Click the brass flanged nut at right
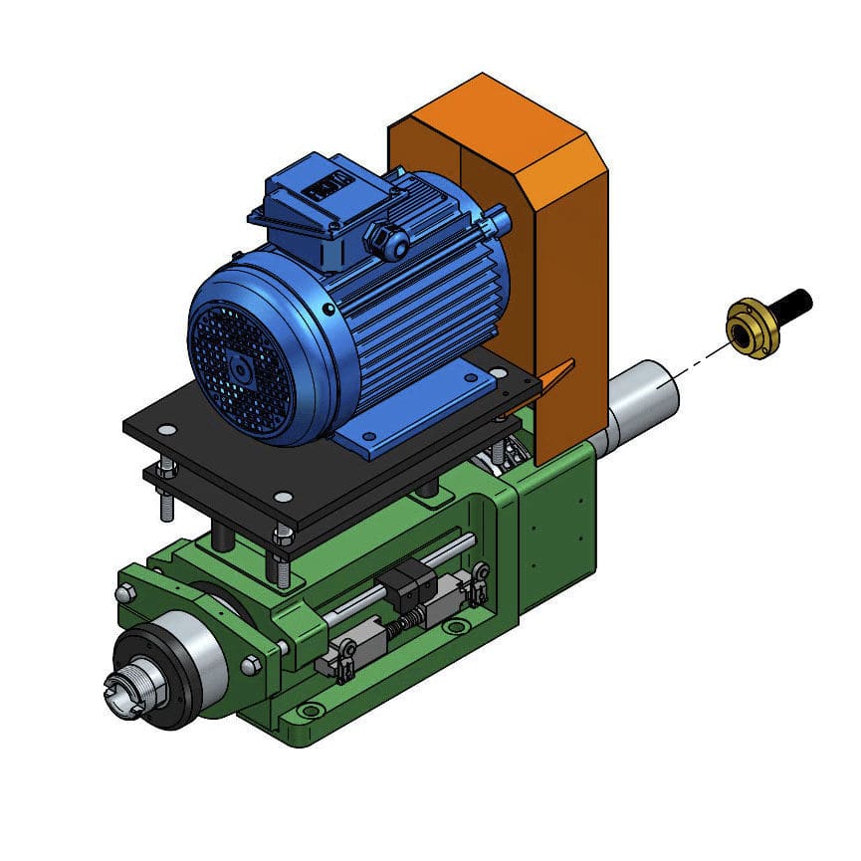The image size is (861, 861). click(x=752, y=326)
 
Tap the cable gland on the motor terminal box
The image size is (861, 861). click(x=387, y=239)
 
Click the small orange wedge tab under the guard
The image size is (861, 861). click(x=557, y=375)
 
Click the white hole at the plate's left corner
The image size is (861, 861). click(x=166, y=430)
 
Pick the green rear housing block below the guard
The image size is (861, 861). click(x=557, y=518)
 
